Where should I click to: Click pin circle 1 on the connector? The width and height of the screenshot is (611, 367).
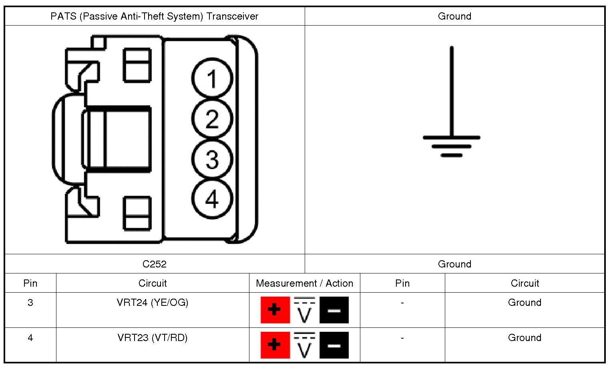212,79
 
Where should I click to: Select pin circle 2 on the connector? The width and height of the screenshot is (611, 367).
212,119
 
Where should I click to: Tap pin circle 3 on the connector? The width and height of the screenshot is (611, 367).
212,159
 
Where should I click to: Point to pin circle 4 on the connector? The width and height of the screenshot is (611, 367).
212,199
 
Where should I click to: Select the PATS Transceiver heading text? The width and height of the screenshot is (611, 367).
154,16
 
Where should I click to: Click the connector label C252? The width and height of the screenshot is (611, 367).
154,264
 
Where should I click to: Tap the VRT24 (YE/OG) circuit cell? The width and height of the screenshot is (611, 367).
153,303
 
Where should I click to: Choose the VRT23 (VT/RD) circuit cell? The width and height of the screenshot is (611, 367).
153,338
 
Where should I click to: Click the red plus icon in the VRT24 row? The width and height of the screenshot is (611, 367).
275,310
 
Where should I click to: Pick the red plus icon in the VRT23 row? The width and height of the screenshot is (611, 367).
275,345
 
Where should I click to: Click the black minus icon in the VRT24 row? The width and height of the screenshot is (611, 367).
334,310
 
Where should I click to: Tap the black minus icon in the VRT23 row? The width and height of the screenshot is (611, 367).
334,345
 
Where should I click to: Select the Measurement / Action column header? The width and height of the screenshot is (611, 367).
304,283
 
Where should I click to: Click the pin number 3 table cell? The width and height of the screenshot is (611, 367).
30,303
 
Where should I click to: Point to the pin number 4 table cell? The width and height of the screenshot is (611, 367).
30,338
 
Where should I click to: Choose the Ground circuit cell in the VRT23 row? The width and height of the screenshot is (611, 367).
525,338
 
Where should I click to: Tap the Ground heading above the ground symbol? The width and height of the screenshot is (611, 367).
454,16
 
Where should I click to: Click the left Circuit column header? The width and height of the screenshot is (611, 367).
153,283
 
